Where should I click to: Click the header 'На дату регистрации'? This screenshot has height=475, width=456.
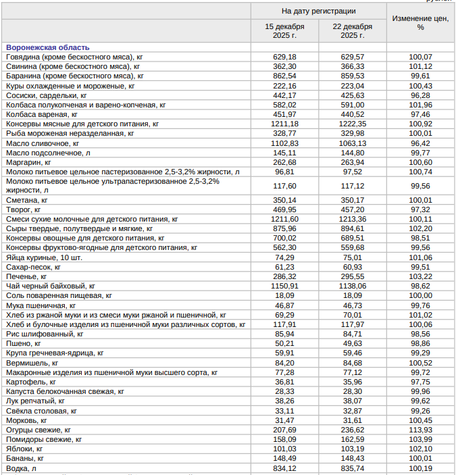point(318,11)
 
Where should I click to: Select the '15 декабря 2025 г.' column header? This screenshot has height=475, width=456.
point(284,31)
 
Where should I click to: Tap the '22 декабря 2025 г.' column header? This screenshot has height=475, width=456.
point(352,31)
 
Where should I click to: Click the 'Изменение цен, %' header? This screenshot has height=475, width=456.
point(420,23)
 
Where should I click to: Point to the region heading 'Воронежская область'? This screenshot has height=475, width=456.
point(47,48)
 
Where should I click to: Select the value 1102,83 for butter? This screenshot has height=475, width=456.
point(284,144)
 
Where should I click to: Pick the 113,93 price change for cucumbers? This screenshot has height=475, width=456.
point(420,430)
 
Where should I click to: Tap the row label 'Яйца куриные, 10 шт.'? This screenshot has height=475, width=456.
point(45,257)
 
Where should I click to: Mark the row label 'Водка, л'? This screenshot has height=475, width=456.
point(22,468)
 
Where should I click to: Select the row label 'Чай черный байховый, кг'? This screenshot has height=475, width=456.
point(51,286)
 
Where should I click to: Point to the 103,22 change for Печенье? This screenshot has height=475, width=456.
point(420,277)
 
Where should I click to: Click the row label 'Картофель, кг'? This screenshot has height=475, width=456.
point(31,382)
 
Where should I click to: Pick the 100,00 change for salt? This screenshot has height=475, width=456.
point(420,296)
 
